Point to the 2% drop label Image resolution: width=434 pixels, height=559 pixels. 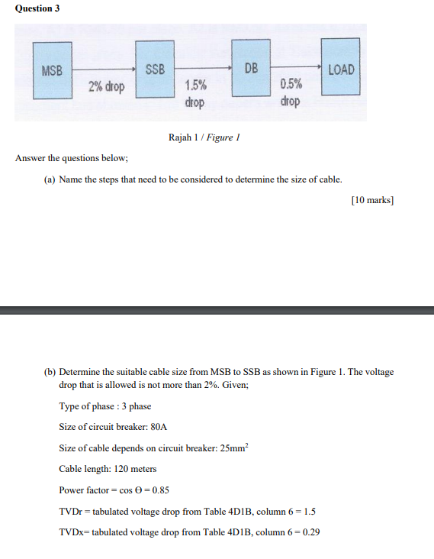(106, 87)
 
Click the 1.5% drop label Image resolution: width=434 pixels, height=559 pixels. (195, 93)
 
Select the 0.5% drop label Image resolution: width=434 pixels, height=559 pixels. (290, 93)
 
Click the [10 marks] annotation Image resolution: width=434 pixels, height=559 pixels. (372, 201)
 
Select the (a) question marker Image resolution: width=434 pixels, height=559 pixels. (50, 179)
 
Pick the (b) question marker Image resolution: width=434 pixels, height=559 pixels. (50, 372)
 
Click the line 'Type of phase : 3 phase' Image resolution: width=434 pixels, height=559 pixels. (104, 406)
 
